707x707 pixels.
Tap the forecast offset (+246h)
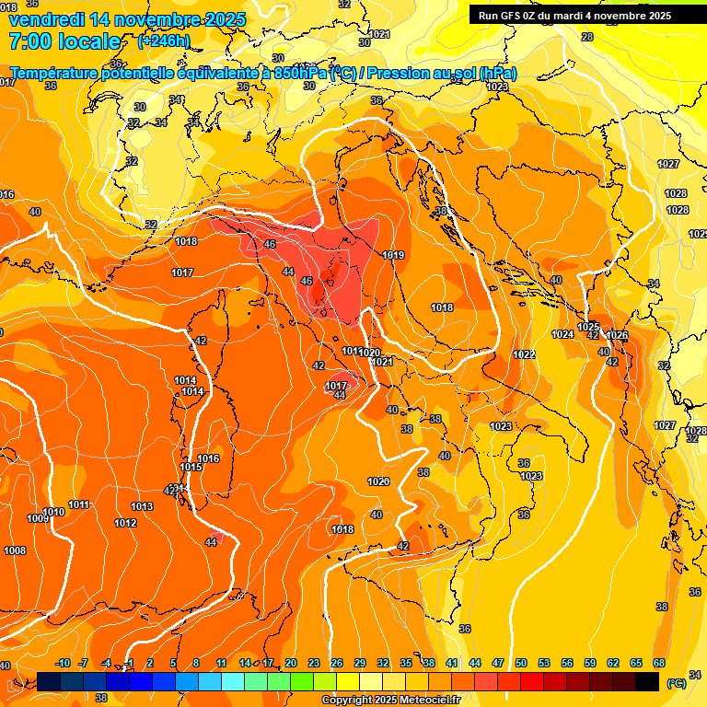(x=163, y=41)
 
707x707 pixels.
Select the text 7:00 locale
(x=64, y=41)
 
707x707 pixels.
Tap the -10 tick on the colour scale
(x=63, y=663)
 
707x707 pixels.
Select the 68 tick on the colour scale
(x=659, y=663)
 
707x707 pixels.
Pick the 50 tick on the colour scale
(x=521, y=663)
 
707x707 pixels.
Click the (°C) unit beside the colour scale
(x=676, y=683)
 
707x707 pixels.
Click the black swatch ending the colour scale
(x=647, y=681)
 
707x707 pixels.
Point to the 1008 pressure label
(x=15, y=551)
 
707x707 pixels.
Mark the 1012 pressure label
(x=125, y=523)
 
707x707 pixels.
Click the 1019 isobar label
(x=393, y=255)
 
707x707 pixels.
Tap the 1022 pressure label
(x=524, y=354)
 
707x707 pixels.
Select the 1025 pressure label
(x=588, y=327)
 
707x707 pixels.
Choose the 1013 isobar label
(x=142, y=506)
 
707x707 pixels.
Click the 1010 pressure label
(x=53, y=512)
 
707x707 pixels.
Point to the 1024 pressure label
(x=562, y=334)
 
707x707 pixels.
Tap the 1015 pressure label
(x=191, y=468)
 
